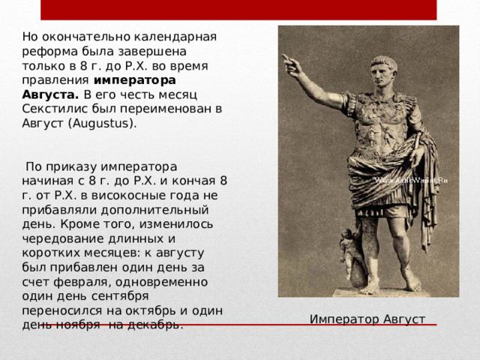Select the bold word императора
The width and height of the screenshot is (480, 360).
[x=135, y=79]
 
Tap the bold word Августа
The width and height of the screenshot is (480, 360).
[x=50, y=94]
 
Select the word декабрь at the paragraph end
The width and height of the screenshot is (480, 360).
[x=155, y=325]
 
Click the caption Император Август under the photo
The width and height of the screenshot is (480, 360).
[x=367, y=319]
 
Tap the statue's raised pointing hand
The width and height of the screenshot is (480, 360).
[x=288, y=64]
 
